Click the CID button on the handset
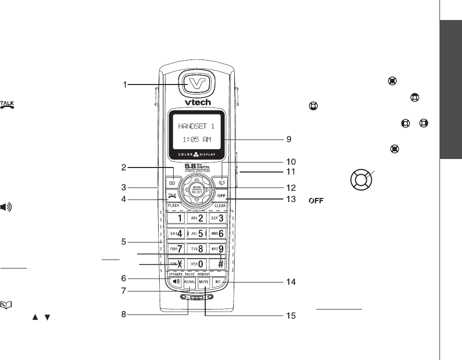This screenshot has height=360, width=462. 172,183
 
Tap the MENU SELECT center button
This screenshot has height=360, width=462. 196,189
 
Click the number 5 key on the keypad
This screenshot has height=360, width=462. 196,233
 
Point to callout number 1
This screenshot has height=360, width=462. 126,85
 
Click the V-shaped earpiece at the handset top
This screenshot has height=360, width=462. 196,82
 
